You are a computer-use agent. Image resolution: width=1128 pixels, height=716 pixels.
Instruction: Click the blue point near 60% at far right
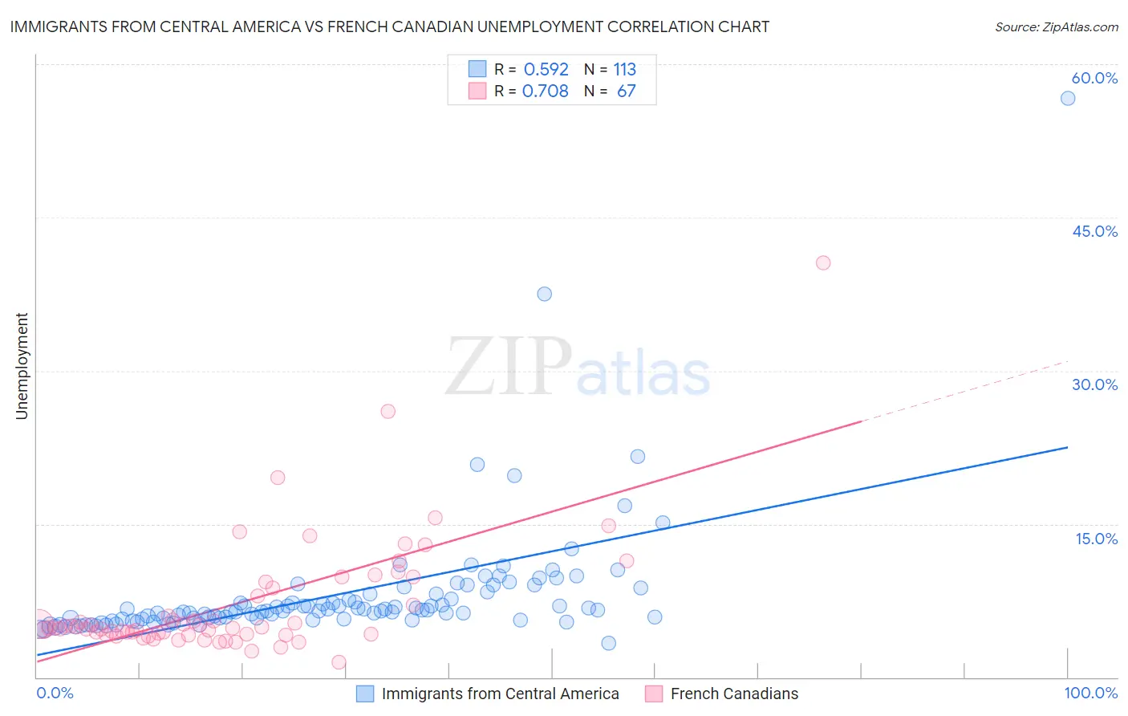(1067, 98)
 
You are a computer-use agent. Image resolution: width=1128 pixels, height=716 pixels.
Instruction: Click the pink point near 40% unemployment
(822, 262)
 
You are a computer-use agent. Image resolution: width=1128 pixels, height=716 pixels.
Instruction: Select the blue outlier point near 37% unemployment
(544, 294)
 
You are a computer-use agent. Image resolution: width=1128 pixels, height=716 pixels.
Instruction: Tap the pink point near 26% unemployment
(387, 411)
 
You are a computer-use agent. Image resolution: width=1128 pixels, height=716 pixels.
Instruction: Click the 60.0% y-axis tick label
(1094, 78)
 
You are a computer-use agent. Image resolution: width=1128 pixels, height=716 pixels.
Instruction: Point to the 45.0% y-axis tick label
(1094, 231)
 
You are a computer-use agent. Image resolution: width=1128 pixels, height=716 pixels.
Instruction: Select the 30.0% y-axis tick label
(1094, 384)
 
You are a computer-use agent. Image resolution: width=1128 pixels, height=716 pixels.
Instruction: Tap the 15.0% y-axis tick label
(1096, 539)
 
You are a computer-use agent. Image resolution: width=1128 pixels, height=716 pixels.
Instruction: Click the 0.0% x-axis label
(55, 693)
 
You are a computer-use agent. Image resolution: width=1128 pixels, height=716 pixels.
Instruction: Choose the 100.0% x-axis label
(1090, 693)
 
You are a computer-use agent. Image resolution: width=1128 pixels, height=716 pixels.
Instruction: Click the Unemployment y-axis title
(22, 366)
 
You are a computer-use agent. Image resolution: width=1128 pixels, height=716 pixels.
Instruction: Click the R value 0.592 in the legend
(546, 70)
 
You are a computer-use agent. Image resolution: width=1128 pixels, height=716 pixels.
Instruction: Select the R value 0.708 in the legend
(545, 92)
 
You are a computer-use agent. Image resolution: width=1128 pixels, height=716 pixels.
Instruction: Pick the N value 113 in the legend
(624, 70)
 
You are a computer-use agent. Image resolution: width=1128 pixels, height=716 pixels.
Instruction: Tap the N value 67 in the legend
(626, 92)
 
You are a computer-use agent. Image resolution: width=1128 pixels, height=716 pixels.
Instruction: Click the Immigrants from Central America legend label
(500, 694)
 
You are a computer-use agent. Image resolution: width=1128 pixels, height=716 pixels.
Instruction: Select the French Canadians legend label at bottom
(734, 694)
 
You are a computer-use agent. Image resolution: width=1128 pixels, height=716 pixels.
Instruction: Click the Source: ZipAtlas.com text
(1056, 26)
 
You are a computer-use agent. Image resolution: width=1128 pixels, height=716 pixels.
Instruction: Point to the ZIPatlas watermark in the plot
(578, 368)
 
